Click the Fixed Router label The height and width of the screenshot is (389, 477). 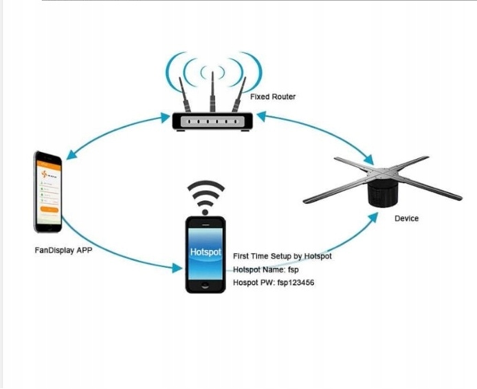pos(273,97)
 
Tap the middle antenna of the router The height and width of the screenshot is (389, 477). pos(212,94)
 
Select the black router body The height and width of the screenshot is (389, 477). pos(212,122)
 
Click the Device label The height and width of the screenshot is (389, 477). pos(406,218)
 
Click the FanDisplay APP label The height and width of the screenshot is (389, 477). pos(63,251)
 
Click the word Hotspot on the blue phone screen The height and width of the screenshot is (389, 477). pos(206,253)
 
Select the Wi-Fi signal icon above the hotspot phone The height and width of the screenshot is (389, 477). pos(206,197)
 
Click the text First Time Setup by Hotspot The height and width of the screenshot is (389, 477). pos(282,256)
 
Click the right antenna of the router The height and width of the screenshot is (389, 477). pos(238,96)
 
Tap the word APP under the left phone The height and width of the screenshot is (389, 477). pos(83,251)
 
